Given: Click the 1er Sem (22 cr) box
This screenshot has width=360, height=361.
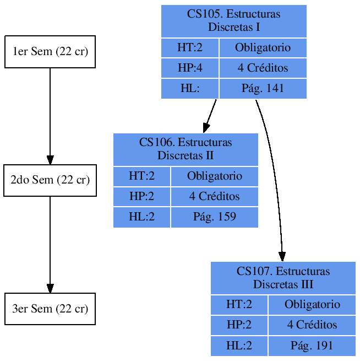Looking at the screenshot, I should click(50, 52).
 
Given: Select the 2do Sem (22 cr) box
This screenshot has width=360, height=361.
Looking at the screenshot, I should click(50, 180).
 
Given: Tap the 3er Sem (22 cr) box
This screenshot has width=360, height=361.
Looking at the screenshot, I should click(50, 309).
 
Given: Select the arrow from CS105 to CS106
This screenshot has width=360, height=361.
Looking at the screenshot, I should click(210, 116).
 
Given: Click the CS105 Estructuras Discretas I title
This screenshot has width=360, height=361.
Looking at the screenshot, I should click(233, 20).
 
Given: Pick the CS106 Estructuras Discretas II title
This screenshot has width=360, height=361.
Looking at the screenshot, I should click(186, 149).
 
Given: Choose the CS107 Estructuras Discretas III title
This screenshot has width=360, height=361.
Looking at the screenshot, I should click(283, 277).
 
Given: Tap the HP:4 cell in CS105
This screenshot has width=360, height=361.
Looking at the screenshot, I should click(190, 68).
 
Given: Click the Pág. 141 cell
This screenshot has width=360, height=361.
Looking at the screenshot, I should click(263, 88).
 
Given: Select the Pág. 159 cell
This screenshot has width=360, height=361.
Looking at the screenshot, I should click(214, 217).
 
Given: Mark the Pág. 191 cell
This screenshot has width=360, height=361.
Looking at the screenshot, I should click(312, 346).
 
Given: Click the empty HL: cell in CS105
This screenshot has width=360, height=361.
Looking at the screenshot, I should click(190, 88).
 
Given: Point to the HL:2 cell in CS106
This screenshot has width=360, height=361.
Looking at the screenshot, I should click(141, 217).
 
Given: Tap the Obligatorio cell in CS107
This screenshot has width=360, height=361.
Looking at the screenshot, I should click(312, 304).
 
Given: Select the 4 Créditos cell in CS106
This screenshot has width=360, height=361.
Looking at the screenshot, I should click(214, 196).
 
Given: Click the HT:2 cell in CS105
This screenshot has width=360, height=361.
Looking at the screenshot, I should click(190, 47).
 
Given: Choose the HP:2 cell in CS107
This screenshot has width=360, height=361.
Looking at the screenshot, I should click(239, 325).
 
